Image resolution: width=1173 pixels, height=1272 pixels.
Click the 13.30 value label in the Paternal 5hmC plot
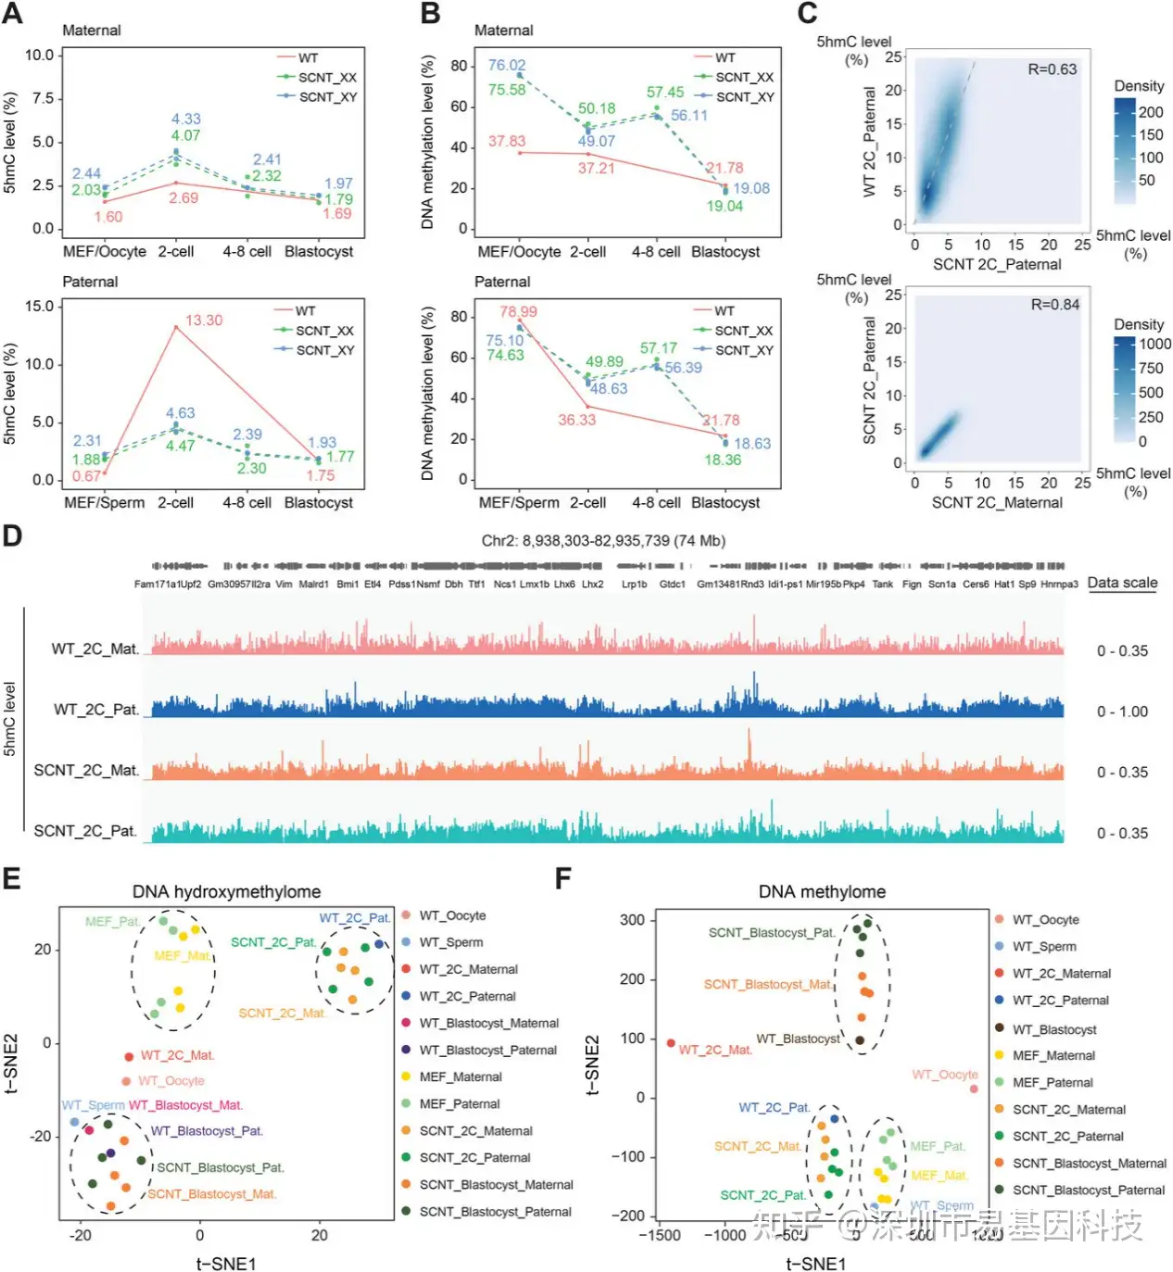(204, 321)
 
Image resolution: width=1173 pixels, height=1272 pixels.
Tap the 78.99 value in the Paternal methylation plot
(518, 311)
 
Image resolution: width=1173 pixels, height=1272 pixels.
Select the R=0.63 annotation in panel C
(1052, 69)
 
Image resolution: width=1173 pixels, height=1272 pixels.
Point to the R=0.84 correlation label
(1055, 305)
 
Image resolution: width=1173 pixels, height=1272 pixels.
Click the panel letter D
(12, 536)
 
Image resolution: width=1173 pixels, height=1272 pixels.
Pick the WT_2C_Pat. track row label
(95, 710)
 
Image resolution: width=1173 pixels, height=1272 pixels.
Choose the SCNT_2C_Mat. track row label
(86, 771)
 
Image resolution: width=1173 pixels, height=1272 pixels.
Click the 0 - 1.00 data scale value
(1122, 712)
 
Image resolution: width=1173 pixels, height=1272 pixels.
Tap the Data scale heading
(1122, 583)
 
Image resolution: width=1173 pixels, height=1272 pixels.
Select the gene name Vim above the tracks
(284, 585)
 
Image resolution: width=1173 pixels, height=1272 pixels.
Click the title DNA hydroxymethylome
(226, 891)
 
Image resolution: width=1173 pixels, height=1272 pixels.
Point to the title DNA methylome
(822, 891)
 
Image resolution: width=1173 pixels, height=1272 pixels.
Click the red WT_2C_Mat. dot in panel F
(671, 1043)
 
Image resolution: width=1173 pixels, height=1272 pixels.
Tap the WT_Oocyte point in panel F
(974, 1089)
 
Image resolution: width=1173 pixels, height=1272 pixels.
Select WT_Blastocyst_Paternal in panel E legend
(487, 1051)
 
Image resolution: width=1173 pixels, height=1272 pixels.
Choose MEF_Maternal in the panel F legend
(1053, 1055)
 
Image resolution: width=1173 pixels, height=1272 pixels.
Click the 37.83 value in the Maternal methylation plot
(507, 142)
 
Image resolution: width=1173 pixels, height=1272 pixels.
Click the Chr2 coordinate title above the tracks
(603, 541)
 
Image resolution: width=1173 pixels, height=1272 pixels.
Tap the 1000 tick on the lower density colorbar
(1154, 344)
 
